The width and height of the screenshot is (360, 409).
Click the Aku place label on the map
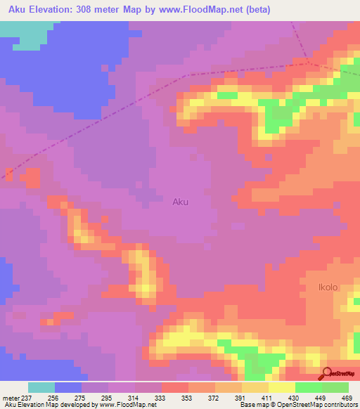point(180,202)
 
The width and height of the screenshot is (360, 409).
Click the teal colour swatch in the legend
point(41,387)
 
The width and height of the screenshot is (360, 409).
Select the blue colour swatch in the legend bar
point(68,387)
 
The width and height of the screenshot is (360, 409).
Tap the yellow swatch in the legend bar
point(281,387)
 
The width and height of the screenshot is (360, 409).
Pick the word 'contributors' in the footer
point(340,405)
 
